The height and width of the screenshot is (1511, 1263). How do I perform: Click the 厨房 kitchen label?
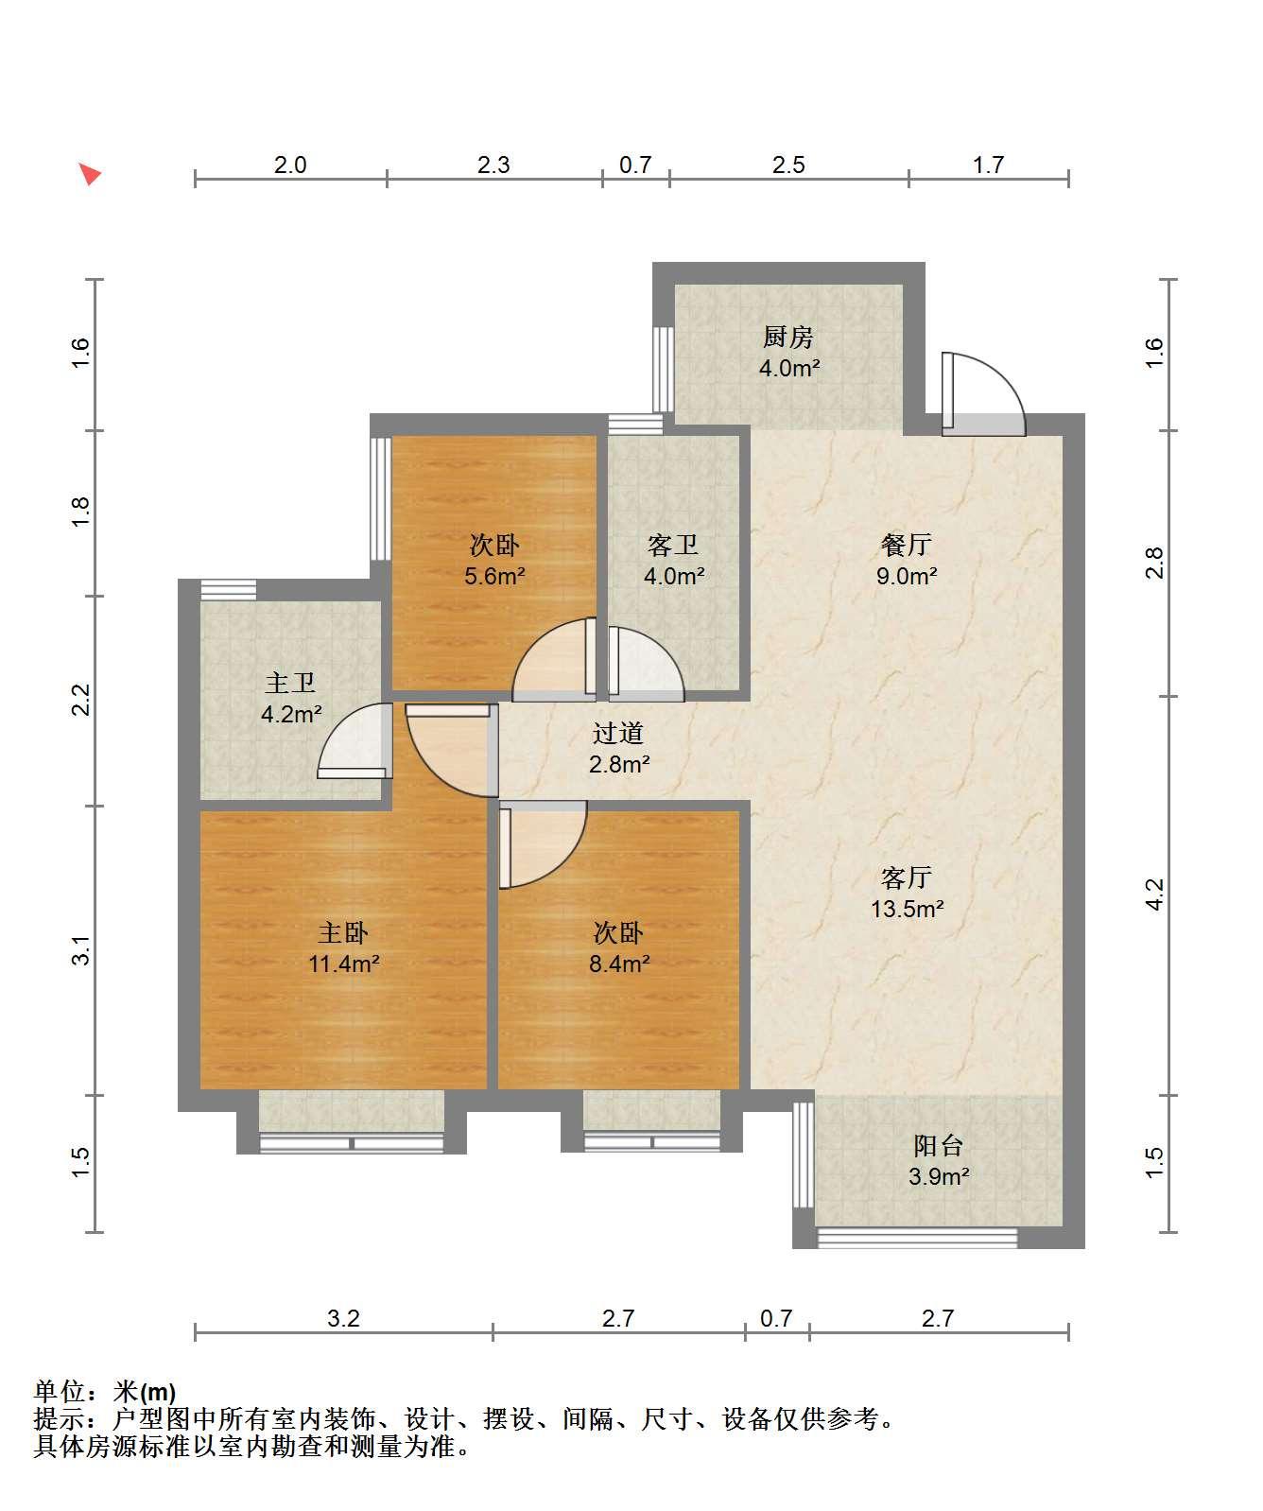(x=788, y=337)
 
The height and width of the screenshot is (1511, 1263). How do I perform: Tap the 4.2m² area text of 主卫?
(x=291, y=714)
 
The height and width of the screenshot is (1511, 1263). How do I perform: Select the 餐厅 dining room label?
(x=906, y=545)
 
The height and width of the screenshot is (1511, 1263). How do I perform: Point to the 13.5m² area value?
(x=908, y=910)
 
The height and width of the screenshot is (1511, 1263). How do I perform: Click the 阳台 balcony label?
(x=939, y=1146)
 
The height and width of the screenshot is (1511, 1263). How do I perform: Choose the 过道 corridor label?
(x=618, y=733)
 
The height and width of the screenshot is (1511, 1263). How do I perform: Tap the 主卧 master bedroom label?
(x=342, y=933)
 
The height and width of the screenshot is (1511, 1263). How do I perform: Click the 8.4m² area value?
(x=619, y=964)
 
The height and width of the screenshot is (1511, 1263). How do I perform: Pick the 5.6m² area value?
(x=494, y=576)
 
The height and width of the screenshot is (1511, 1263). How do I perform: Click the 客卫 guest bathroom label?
(x=673, y=545)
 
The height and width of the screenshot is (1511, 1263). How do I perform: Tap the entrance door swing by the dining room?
(x=983, y=394)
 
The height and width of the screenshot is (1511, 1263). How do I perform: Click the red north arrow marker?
(x=89, y=174)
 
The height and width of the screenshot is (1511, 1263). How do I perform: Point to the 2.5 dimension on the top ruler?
(x=788, y=165)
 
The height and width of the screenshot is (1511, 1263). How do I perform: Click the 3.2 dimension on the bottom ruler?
(x=343, y=1318)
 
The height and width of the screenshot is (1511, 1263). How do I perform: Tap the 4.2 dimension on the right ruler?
(x=1154, y=895)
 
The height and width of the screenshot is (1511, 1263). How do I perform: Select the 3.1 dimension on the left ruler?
(x=82, y=950)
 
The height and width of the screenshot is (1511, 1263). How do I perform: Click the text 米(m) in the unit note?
(x=145, y=1393)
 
